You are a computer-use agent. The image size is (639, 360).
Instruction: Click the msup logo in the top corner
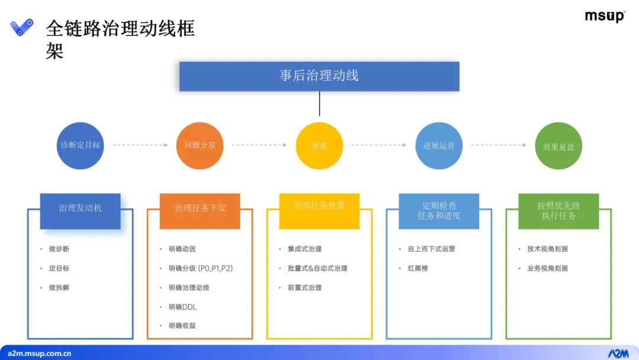(x=605, y=17)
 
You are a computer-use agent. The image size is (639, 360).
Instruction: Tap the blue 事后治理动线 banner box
(x=319, y=76)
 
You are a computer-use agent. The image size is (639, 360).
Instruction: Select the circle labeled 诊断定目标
(x=80, y=145)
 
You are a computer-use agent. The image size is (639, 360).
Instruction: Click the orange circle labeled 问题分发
(x=200, y=145)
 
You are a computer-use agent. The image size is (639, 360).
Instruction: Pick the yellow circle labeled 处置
(x=319, y=146)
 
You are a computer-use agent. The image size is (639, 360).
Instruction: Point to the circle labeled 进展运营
(x=439, y=146)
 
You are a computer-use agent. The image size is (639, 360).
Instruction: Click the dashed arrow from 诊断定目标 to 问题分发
(x=140, y=145)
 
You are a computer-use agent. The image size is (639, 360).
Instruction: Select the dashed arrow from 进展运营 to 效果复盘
(x=499, y=145)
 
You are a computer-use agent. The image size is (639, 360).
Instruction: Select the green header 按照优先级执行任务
(x=559, y=211)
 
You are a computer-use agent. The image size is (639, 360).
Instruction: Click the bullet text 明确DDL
(x=182, y=307)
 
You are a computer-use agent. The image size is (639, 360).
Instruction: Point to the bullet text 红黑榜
(x=418, y=268)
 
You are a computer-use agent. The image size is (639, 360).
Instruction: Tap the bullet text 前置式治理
(x=305, y=288)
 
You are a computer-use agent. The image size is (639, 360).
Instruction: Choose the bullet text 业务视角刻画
(x=547, y=268)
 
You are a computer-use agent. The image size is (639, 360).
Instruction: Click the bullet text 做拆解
(x=59, y=288)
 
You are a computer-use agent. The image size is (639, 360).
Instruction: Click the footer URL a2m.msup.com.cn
(x=40, y=353)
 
